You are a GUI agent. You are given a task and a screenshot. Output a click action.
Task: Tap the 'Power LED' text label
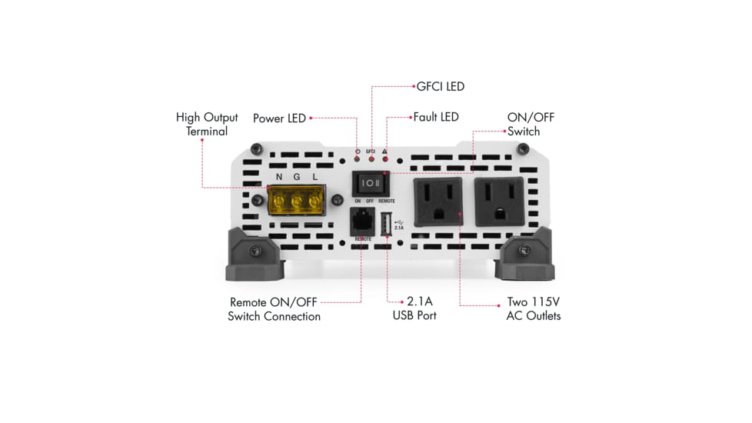[x=279, y=118]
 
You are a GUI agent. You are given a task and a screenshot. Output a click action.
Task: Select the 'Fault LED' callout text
[x=435, y=117]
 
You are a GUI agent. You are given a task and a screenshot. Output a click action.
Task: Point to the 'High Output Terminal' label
[x=207, y=124]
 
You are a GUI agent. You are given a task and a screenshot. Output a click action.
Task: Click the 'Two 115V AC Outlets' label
[x=533, y=308]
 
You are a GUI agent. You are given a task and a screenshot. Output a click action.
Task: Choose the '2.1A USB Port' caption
[x=414, y=308]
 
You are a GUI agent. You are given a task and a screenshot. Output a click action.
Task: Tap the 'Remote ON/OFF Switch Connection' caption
[x=274, y=309]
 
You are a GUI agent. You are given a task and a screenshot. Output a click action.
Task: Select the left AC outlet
[x=438, y=202]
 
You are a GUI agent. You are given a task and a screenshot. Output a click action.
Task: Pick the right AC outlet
[x=499, y=202]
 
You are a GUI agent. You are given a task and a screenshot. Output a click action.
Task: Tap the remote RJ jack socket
[x=361, y=221]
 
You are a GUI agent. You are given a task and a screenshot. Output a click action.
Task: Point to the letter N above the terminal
[x=279, y=178]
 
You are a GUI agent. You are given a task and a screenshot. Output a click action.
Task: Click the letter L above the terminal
[x=314, y=178]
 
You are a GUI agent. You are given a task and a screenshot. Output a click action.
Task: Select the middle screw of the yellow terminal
[x=297, y=202]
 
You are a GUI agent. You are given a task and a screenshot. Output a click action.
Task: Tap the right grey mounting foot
[x=525, y=255]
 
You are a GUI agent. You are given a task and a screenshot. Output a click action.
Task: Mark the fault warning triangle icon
[x=384, y=151]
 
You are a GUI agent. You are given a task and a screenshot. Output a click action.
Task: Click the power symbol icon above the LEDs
[x=357, y=151]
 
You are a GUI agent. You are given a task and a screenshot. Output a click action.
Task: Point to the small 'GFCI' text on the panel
[x=371, y=151]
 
